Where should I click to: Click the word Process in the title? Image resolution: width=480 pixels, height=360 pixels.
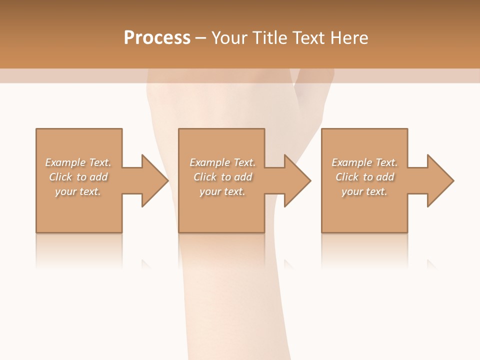click(157, 38)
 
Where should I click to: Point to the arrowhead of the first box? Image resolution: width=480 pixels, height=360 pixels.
click(154, 180)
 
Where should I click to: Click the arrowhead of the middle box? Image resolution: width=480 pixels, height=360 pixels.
click(297, 180)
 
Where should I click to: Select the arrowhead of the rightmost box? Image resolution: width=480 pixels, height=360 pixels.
click(440, 180)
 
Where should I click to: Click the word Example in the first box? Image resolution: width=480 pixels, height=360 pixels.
click(65, 162)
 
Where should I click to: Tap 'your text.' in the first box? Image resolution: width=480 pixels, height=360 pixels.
click(78, 191)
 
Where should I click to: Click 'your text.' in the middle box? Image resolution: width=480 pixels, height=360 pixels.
click(222, 191)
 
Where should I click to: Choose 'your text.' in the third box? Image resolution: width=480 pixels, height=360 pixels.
click(364, 191)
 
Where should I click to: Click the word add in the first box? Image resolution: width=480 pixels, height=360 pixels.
click(99, 177)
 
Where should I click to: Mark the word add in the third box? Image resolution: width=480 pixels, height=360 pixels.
click(386, 177)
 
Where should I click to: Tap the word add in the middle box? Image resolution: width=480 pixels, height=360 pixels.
click(244, 177)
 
